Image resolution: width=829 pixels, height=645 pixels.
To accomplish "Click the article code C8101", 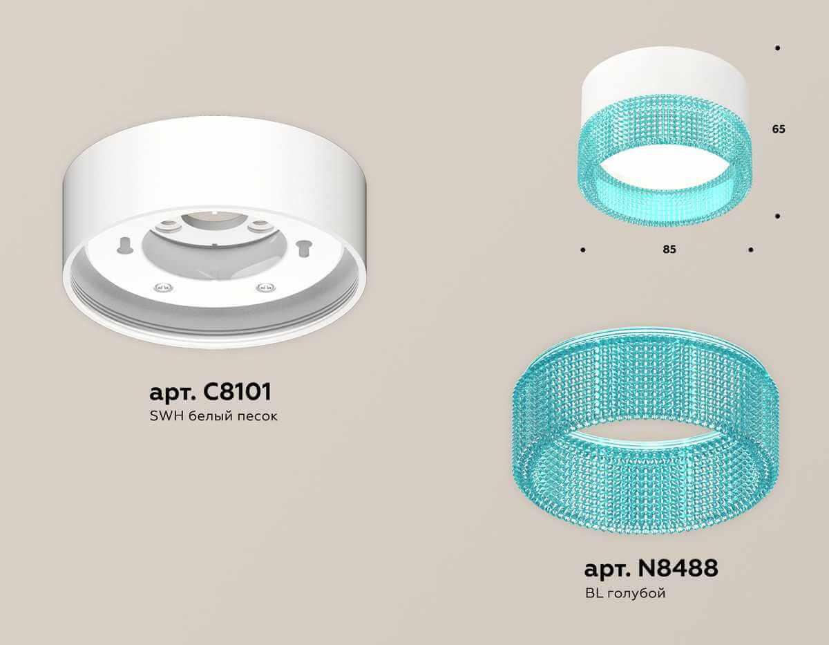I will (236, 391).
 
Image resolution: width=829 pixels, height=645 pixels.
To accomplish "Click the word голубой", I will (636, 593).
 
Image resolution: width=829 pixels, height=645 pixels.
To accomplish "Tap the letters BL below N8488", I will (592, 593).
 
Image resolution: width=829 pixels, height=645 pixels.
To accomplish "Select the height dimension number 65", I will (779, 129).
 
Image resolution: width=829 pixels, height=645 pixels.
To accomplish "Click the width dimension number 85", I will (669, 250).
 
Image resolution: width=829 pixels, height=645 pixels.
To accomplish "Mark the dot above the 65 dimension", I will (778, 48).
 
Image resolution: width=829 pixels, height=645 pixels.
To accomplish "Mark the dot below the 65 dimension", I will (778, 216).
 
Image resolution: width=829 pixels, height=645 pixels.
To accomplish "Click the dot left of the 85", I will (584, 249).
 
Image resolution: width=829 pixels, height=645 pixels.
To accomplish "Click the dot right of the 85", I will (750, 249).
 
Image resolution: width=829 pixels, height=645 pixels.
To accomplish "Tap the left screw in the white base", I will (160, 287).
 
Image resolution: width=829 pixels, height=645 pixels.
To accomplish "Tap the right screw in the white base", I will (262, 287).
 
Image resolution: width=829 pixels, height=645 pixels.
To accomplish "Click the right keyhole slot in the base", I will (301, 246).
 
